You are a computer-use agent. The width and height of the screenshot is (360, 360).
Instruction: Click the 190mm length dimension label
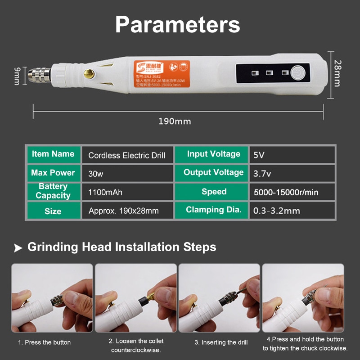(x=175, y=121)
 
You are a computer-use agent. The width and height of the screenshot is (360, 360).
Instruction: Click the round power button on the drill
(x=298, y=72)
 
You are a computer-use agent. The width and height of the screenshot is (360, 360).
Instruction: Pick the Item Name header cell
(x=53, y=154)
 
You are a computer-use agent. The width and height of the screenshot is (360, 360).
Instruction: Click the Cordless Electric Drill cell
(x=127, y=156)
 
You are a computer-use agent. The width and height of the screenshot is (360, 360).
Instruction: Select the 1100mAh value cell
(x=127, y=192)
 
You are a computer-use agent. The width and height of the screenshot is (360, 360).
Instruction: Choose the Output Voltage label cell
(x=213, y=173)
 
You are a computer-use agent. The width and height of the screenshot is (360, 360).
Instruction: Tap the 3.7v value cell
(x=292, y=173)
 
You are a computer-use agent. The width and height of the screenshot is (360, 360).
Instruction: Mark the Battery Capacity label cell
(x=53, y=191)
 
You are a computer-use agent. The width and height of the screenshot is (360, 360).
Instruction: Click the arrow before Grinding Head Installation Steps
(x=18, y=247)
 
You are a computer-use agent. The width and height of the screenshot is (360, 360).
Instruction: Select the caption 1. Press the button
(x=44, y=342)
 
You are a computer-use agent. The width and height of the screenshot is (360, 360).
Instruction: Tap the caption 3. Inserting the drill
(x=221, y=342)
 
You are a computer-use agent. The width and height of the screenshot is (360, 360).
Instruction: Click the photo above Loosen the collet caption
(x=136, y=298)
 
